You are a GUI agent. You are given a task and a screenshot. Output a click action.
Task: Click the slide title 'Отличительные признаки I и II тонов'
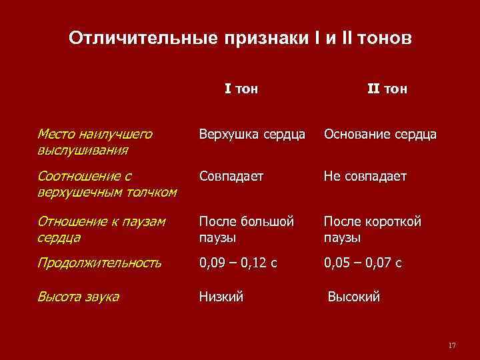tap(240, 39)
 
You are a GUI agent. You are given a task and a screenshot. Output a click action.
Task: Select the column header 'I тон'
tap(241, 89)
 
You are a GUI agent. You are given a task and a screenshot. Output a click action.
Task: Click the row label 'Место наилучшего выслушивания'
tap(95, 141)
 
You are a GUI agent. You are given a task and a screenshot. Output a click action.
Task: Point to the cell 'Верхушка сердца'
tap(252, 135)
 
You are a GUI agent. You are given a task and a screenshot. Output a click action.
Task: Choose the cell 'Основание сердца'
tap(380, 135)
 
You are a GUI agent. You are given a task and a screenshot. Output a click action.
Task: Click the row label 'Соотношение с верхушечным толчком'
tap(107, 184)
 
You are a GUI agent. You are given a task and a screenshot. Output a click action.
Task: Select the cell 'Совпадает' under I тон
tap(231, 177)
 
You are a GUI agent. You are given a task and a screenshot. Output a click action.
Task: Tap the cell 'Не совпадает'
tap(365, 177)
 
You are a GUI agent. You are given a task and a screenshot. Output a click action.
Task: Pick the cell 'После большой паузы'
tap(246, 229)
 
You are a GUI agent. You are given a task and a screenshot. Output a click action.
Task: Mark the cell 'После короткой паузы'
tap(372, 229)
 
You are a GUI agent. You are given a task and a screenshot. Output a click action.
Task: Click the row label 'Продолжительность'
tap(99, 263)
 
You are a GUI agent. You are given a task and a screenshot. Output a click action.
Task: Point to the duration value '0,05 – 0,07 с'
tap(363, 263)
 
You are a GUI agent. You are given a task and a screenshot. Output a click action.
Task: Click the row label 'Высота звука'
tap(79, 297)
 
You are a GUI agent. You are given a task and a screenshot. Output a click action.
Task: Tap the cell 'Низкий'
tap(221, 297)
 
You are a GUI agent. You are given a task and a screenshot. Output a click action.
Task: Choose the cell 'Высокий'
tap(354, 297)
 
